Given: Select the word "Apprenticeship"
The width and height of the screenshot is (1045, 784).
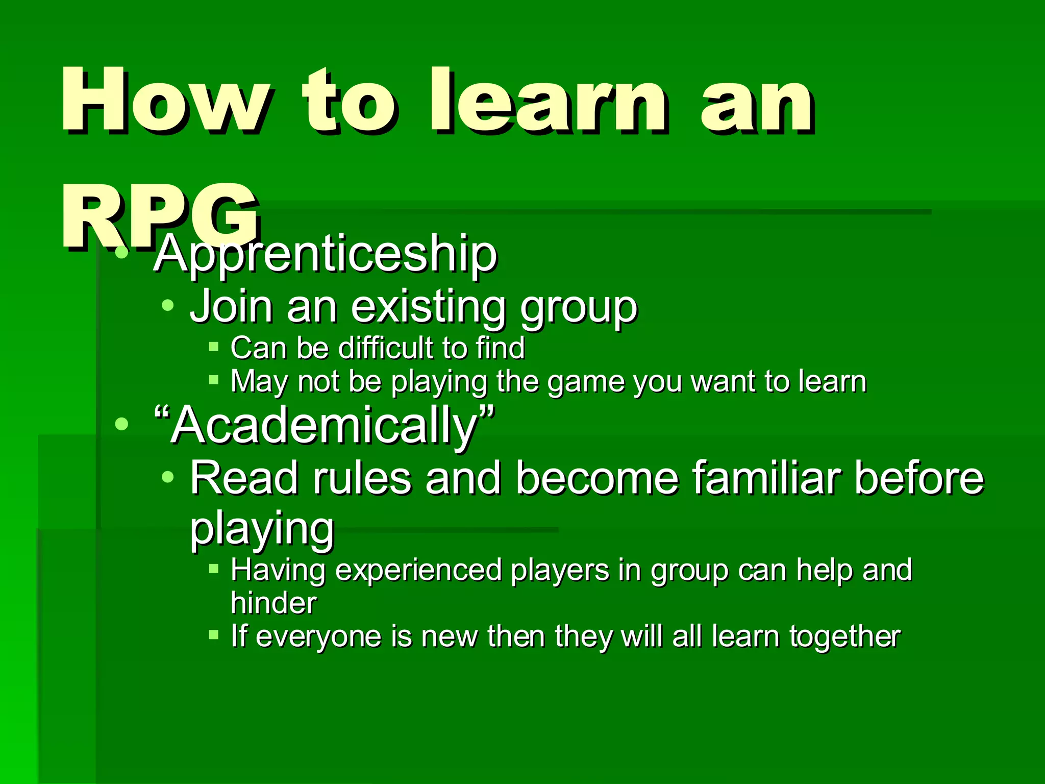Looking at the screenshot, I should click(325, 254).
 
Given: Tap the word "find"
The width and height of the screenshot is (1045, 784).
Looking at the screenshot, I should click(500, 348).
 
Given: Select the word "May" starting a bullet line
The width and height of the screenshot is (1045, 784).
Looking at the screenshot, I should click(259, 381).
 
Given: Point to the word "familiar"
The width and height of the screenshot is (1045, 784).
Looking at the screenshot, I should click(765, 478).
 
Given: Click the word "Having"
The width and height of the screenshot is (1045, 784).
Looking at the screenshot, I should click(278, 570).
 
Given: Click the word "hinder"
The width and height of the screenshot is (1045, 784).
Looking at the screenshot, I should click(273, 603).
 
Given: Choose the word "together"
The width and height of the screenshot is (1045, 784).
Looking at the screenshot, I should click(844, 636).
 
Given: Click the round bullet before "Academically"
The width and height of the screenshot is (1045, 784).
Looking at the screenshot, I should click(121, 423).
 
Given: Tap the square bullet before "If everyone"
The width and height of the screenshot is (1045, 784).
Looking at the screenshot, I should click(214, 635).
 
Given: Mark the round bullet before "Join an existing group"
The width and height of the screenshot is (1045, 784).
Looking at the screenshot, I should click(167, 306).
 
